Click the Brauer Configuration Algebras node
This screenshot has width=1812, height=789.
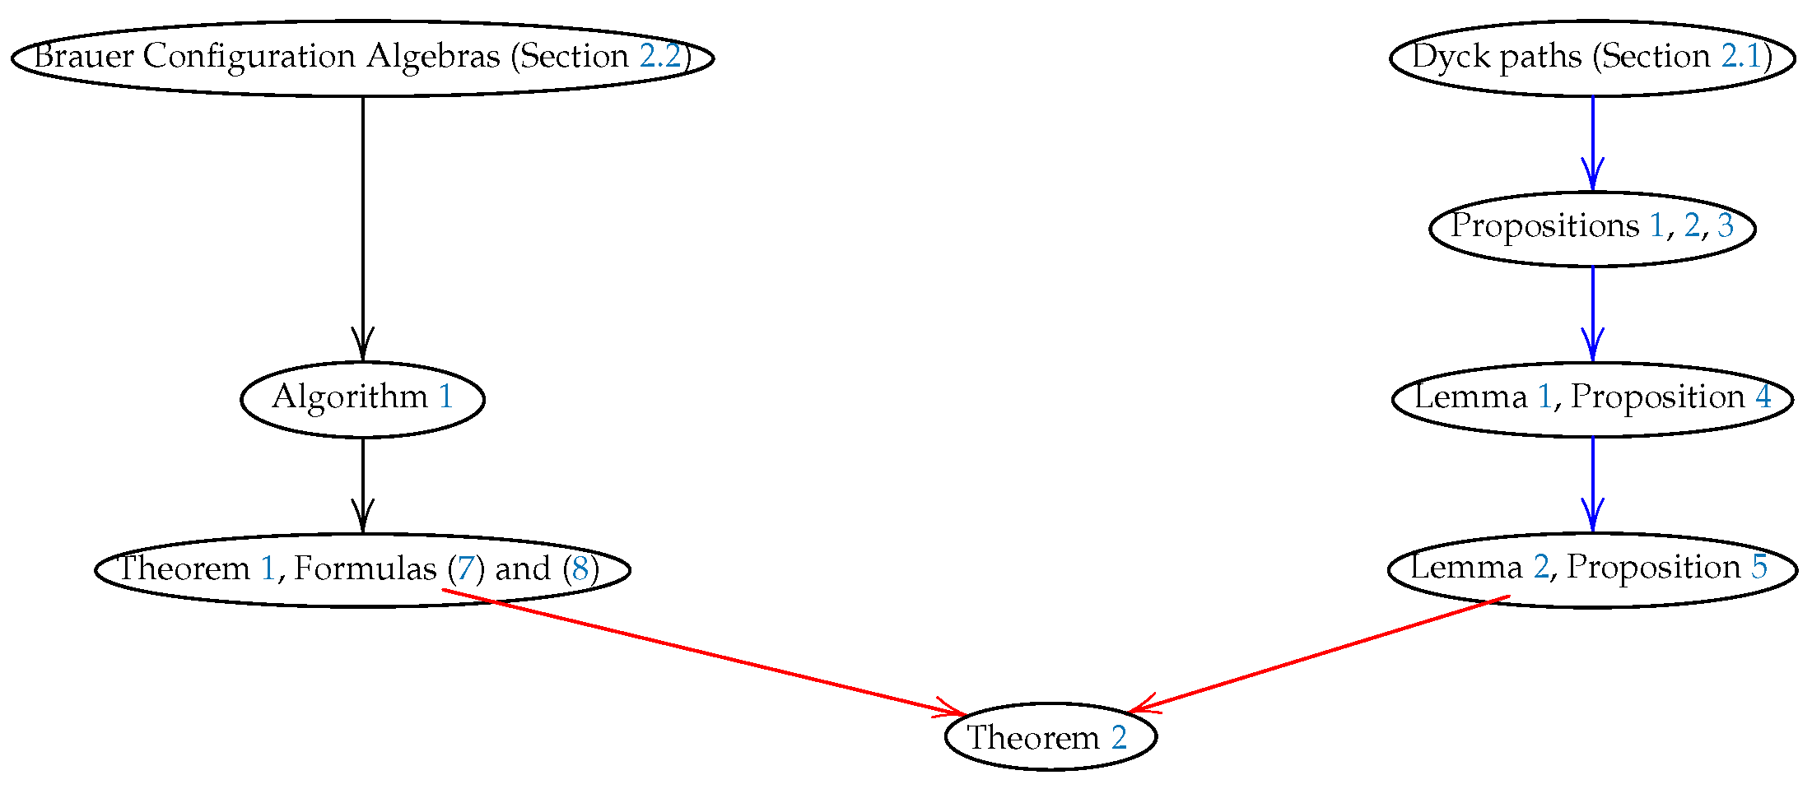point(362,58)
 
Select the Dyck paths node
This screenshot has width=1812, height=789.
point(1592,58)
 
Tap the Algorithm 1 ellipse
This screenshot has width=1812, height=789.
point(362,399)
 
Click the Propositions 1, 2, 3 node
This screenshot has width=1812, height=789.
point(1592,228)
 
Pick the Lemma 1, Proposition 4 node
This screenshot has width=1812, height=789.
point(1592,399)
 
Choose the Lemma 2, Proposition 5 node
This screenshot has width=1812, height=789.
point(1592,569)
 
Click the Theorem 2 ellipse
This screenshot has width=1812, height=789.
point(1050,737)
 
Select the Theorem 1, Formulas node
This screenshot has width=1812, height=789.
point(362,569)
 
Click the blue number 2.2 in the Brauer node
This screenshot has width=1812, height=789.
point(660,57)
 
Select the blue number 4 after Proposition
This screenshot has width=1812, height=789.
point(1763,397)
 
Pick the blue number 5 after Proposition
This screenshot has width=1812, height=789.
point(1759,568)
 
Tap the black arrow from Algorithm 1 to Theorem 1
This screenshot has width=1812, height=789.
point(363,485)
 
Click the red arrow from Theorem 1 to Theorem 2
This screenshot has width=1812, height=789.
point(700,652)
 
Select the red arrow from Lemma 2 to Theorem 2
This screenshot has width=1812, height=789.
point(1317,654)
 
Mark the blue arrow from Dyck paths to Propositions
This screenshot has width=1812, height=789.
point(1592,144)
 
